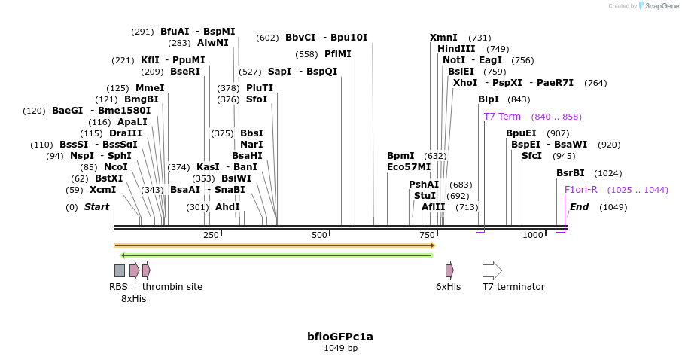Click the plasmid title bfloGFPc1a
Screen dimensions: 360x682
[340, 337]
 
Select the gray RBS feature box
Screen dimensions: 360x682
[120, 270]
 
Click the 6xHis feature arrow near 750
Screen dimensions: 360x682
[449, 270]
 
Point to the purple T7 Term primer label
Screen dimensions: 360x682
[502, 117]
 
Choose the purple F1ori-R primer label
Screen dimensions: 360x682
[580, 190]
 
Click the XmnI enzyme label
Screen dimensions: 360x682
[443, 38]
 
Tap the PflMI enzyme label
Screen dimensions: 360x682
[337, 54]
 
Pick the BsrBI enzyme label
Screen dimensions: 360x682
[570, 173]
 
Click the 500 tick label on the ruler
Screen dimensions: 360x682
[320, 235]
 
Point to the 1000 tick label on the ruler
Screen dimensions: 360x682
[533, 235]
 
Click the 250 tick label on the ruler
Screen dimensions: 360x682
[211, 235]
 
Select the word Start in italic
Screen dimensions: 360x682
[96, 207]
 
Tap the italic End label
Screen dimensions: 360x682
[579, 207]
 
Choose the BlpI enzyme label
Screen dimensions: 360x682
[488, 99]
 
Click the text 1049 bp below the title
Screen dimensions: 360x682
[340, 349]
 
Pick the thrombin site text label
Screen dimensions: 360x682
[172, 287]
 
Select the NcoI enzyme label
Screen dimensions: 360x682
[115, 167]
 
